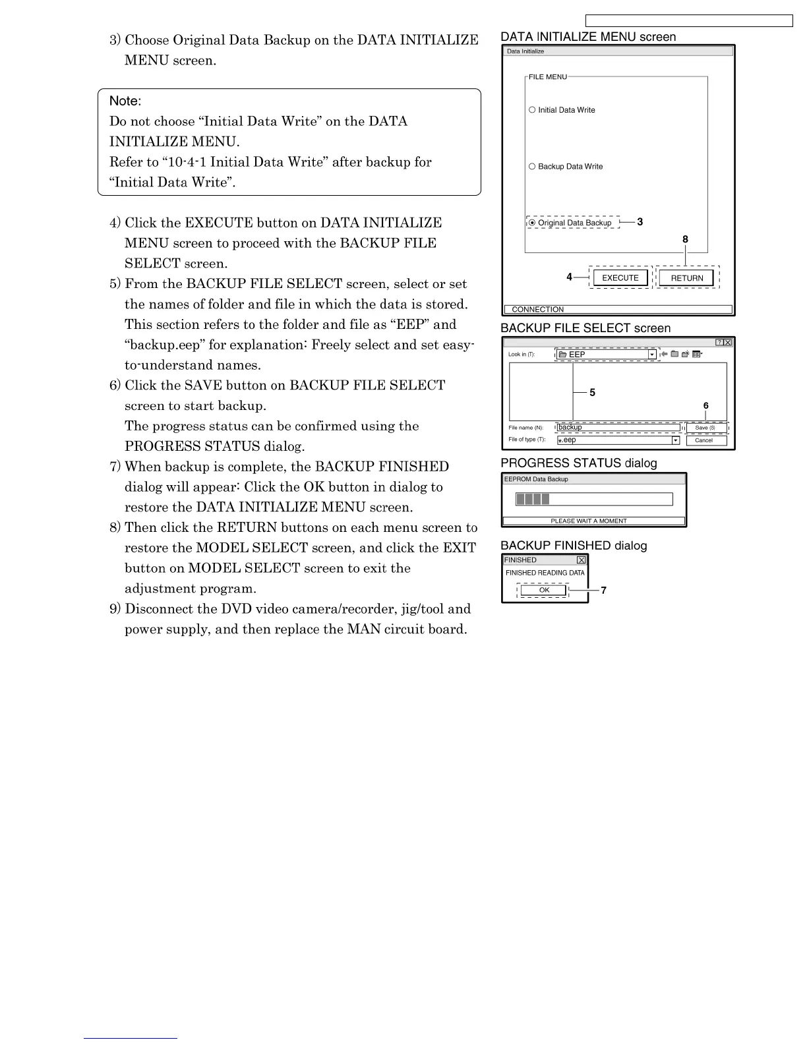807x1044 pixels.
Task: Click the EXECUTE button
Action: [620, 278]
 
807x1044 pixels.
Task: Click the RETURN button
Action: [686, 278]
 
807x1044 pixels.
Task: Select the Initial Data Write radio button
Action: [532, 110]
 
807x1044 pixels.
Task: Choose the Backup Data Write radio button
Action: [532, 167]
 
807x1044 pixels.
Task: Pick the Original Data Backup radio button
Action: [532, 223]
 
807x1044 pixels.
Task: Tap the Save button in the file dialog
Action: [706, 428]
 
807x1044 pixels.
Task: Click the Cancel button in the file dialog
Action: [706, 440]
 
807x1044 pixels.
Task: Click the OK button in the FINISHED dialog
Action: [544, 590]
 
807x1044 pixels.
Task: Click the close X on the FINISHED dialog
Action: [581, 560]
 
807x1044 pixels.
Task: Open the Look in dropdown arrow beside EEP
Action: [652, 355]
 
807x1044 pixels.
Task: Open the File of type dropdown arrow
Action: [675, 440]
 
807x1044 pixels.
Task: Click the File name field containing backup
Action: [618, 428]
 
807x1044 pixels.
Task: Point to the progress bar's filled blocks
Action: [533, 499]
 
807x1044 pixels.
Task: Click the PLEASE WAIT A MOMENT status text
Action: [589, 521]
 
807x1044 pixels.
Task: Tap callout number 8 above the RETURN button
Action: [686, 239]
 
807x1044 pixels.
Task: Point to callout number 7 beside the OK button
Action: [604, 591]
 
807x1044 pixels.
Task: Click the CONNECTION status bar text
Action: [538, 310]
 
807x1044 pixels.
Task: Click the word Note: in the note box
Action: [125, 101]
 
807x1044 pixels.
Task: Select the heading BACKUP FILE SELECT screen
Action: [585, 328]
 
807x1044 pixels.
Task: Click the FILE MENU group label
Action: [547, 77]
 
